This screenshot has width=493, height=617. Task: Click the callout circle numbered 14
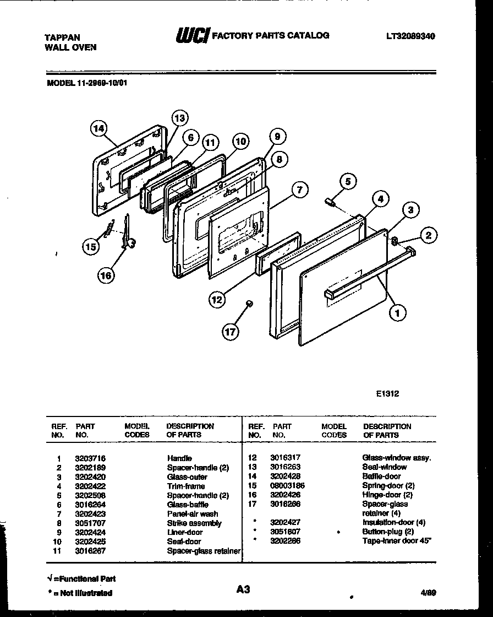pyautogui.click(x=98, y=128)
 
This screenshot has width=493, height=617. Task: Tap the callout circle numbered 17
pyautogui.click(x=231, y=331)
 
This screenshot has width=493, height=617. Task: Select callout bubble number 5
pyautogui.click(x=347, y=180)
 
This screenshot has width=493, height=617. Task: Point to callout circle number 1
pyautogui.click(x=397, y=313)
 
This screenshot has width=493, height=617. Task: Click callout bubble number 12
pyautogui.click(x=218, y=299)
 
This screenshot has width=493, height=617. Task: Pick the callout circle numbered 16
pyautogui.click(x=107, y=275)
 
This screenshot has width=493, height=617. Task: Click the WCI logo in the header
pyautogui.click(x=192, y=36)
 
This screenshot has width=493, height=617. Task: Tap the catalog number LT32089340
pyautogui.click(x=410, y=36)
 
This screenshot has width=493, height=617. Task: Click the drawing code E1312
pyautogui.click(x=388, y=394)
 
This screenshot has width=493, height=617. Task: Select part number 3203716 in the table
pyautogui.click(x=90, y=458)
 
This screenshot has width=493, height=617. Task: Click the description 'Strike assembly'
pyautogui.click(x=194, y=523)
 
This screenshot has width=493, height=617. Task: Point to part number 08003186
pyautogui.click(x=287, y=485)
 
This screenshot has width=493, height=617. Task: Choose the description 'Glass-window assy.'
pyautogui.click(x=396, y=458)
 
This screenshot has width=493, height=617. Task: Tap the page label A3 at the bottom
pyautogui.click(x=243, y=589)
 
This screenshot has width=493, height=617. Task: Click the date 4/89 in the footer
pyautogui.click(x=428, y=593)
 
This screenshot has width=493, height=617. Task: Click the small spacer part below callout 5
pyautogui.click(x=332, y=202)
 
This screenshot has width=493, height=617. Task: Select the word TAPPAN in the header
pyautogui.click(x=62, y=37)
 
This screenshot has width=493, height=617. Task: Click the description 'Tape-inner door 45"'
pyautogui.click(x=397, y=542)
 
